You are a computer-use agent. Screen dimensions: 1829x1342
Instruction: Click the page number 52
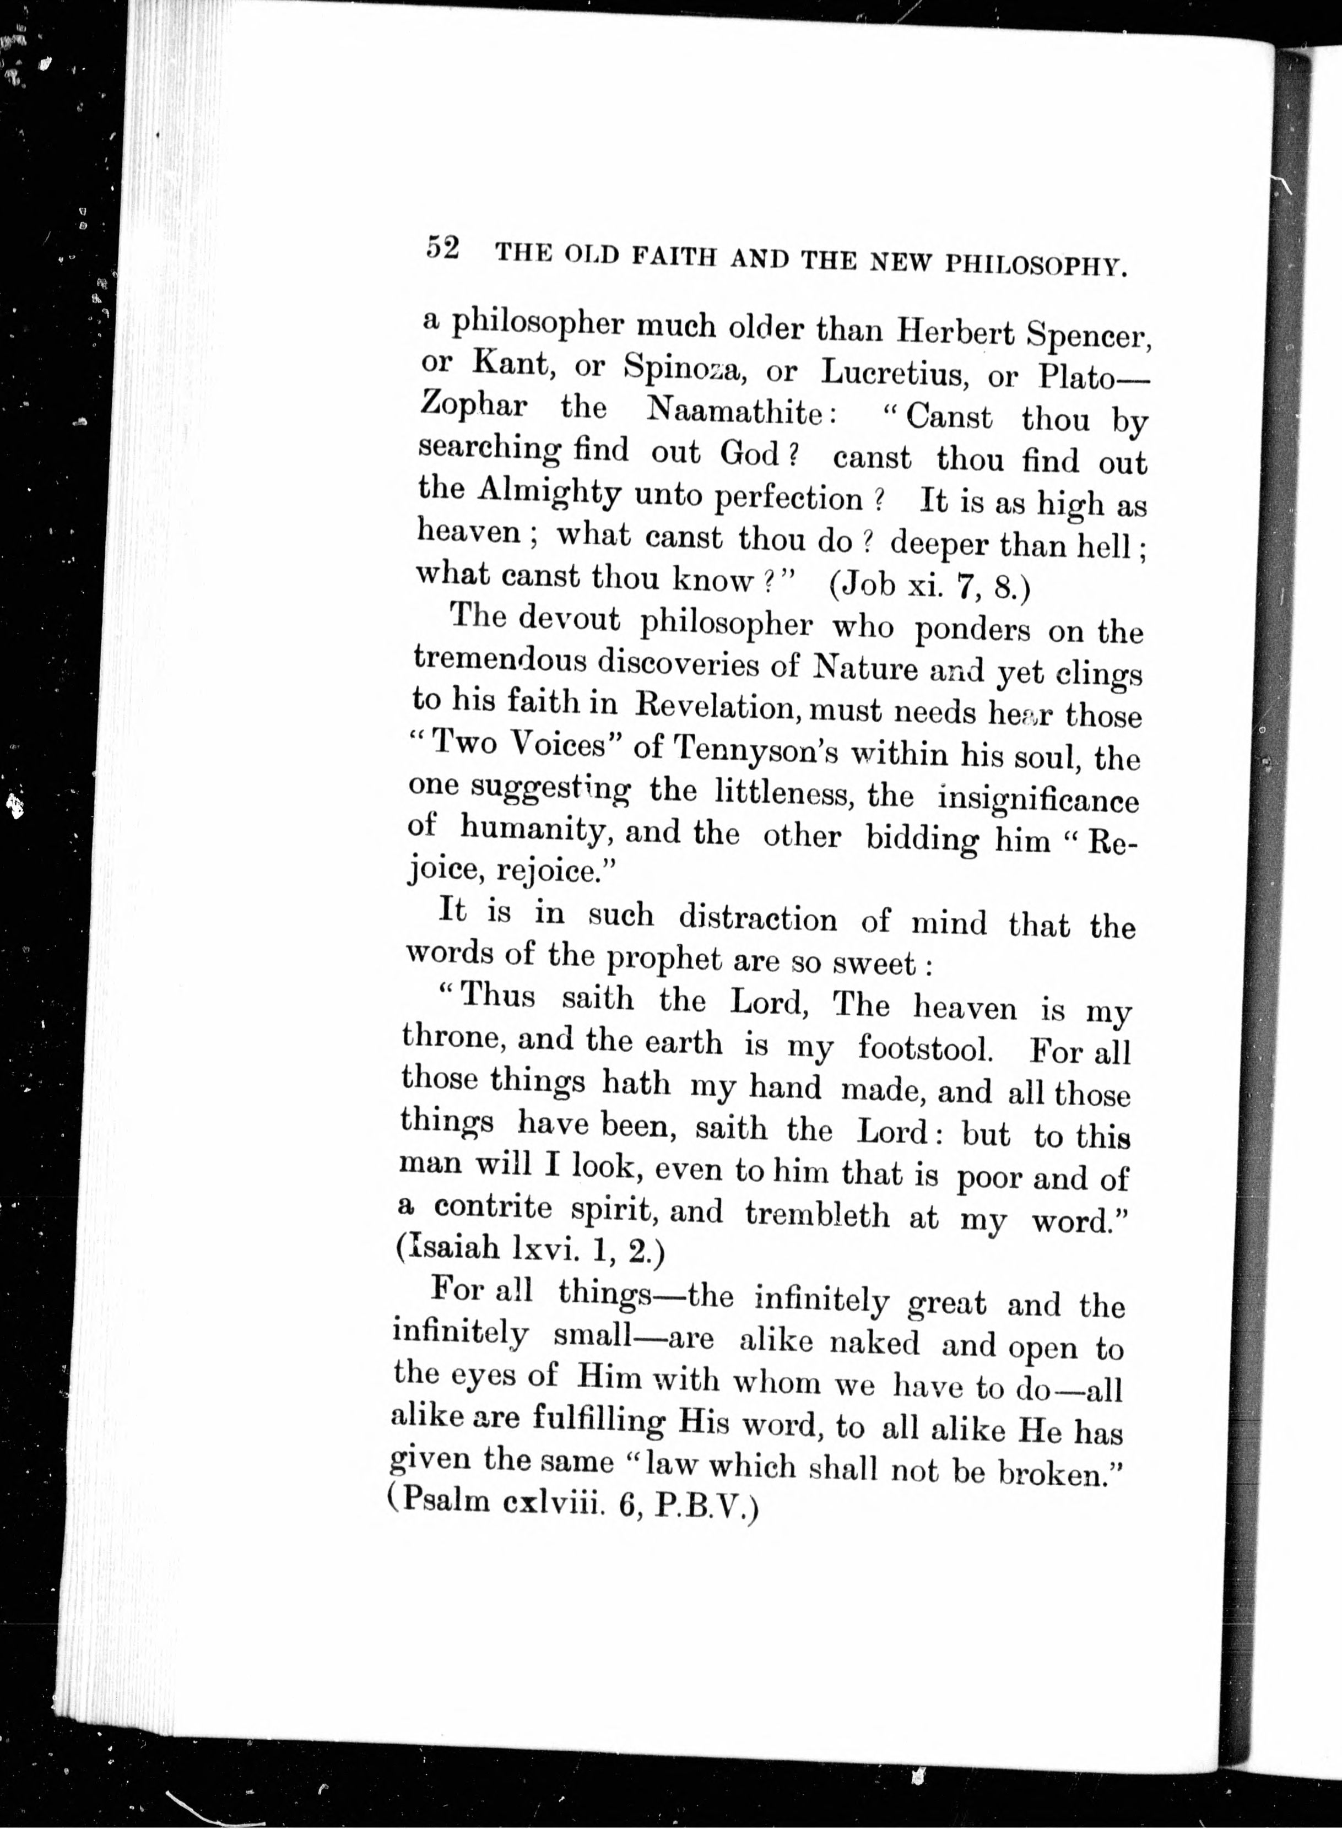pyautogui.click(x=443, y=248)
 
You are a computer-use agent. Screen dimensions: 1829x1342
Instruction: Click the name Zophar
pyautogui.click(x=474, y=405)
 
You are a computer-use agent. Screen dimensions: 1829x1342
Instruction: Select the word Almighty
pyautogui.click(x=549, y=492)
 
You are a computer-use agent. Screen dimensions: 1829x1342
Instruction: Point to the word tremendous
pyautogui.click(x=500, y=659)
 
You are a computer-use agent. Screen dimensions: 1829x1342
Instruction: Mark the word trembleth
pyautogui.click(x=817, y=1214)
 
